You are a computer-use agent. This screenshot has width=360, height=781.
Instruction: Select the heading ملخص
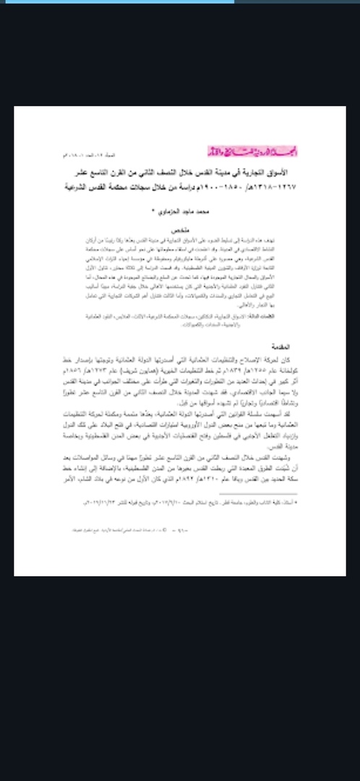[180, 227]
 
